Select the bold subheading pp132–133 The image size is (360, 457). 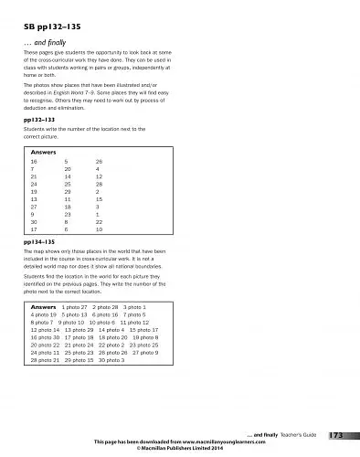point(38,120)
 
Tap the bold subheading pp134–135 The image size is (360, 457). point(38,241)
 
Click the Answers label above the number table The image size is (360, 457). point(45,150)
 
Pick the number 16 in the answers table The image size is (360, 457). point(34,160)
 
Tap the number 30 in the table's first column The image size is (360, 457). point(34,220)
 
